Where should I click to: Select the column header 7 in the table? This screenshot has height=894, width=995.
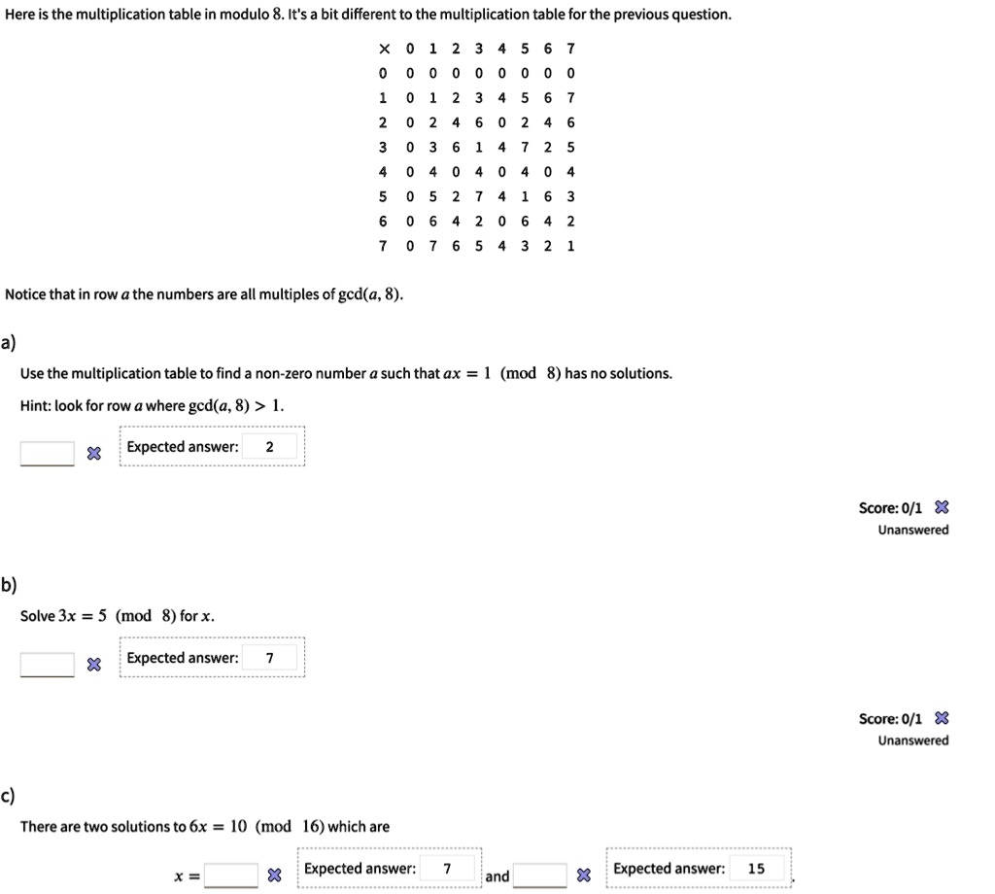point(571,49)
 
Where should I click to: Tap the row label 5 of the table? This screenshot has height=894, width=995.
point(383,196)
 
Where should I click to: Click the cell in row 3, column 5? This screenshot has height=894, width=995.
point(525,148)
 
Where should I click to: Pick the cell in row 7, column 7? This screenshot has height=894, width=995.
point(571,246)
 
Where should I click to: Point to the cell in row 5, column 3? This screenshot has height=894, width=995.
point(477,196)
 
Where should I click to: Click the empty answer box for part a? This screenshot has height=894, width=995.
point(47,453)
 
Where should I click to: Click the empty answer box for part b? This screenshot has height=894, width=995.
point(47,664)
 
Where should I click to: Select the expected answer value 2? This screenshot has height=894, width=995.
point(269,447)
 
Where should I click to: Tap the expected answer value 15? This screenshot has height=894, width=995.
point(756,869)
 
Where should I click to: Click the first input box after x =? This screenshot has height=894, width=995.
point(231,876)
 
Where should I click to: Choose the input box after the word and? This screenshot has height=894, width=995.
point(539,876)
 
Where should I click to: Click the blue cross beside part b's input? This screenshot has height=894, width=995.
point(92,665)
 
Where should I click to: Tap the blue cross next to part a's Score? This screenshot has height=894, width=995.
point(942,507)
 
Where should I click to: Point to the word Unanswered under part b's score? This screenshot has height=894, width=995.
point(913,740)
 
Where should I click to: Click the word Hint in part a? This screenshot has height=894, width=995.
point(35,405)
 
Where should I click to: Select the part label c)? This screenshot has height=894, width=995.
point(9,797)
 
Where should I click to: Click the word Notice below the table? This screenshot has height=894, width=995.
point(27,294)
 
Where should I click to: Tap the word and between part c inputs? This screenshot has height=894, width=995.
point(497,877)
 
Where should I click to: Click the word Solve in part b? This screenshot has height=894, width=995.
point(38,616)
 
